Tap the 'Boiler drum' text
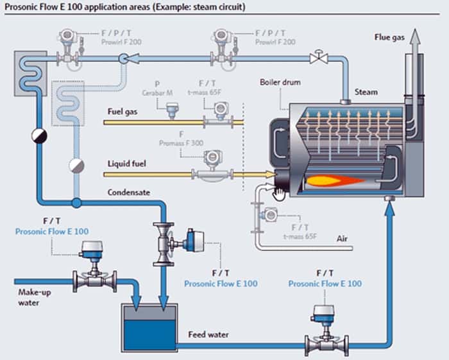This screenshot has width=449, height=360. coord(280,83)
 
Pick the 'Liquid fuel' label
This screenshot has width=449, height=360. coord(126,164)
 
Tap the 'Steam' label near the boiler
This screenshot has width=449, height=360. coord(366,92)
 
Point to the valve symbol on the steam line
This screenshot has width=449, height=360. coord(316,58)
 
